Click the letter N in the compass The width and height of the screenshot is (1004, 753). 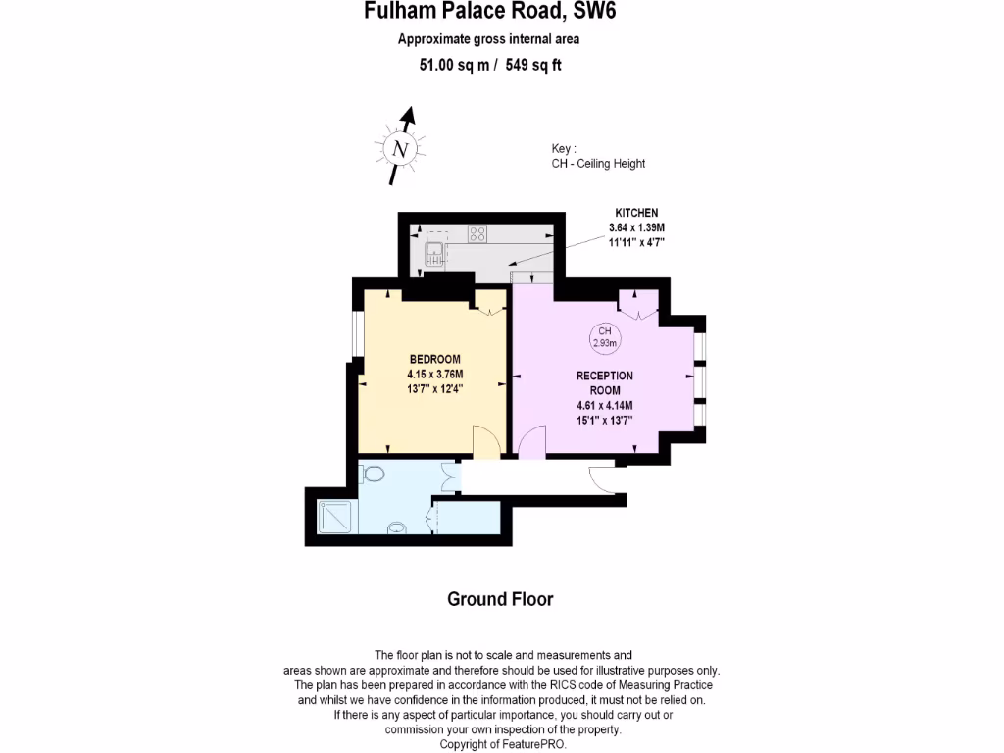point(398,150)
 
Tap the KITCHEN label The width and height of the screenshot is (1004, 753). point(635,213)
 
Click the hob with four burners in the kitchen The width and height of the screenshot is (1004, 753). point(477,233)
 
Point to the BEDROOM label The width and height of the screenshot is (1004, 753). point(434,359)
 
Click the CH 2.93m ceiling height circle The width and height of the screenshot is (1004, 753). point(604,338)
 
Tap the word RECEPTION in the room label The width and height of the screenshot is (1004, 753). point(604,376)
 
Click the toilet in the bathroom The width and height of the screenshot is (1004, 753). point(373,474)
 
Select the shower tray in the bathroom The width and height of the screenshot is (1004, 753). point(337,517)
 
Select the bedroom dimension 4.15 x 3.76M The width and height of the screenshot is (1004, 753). point(434,374)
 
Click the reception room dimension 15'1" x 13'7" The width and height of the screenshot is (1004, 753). point(605,420)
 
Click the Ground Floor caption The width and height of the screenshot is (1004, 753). point(500,599)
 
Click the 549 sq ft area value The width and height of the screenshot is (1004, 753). point(532,65)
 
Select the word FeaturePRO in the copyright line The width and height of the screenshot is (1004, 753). point(530,744)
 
